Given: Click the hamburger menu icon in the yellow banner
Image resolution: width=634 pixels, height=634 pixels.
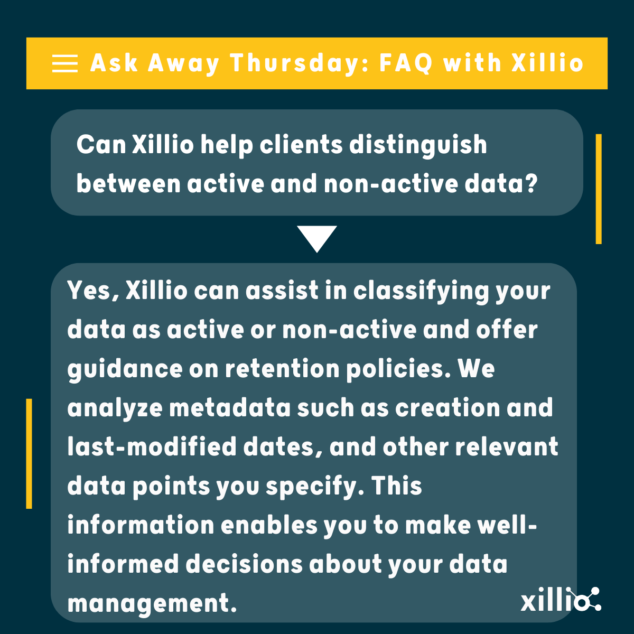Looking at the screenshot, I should pos(64,63).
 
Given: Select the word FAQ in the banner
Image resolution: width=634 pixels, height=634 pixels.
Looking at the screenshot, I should pos(406,63).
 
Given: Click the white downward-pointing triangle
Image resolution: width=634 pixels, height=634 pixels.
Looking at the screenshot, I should pos(316,238).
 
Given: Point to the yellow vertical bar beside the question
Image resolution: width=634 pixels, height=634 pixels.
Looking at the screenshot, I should pos(599,189).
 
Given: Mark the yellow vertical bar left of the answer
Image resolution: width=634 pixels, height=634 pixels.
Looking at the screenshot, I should pos(29,453).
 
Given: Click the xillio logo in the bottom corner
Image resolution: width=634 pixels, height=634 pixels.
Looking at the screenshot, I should pos(560,600).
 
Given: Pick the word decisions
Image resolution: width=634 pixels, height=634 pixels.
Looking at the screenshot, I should pos(244,564).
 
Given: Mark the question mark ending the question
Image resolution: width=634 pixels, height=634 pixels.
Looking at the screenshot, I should pos(530,184).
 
